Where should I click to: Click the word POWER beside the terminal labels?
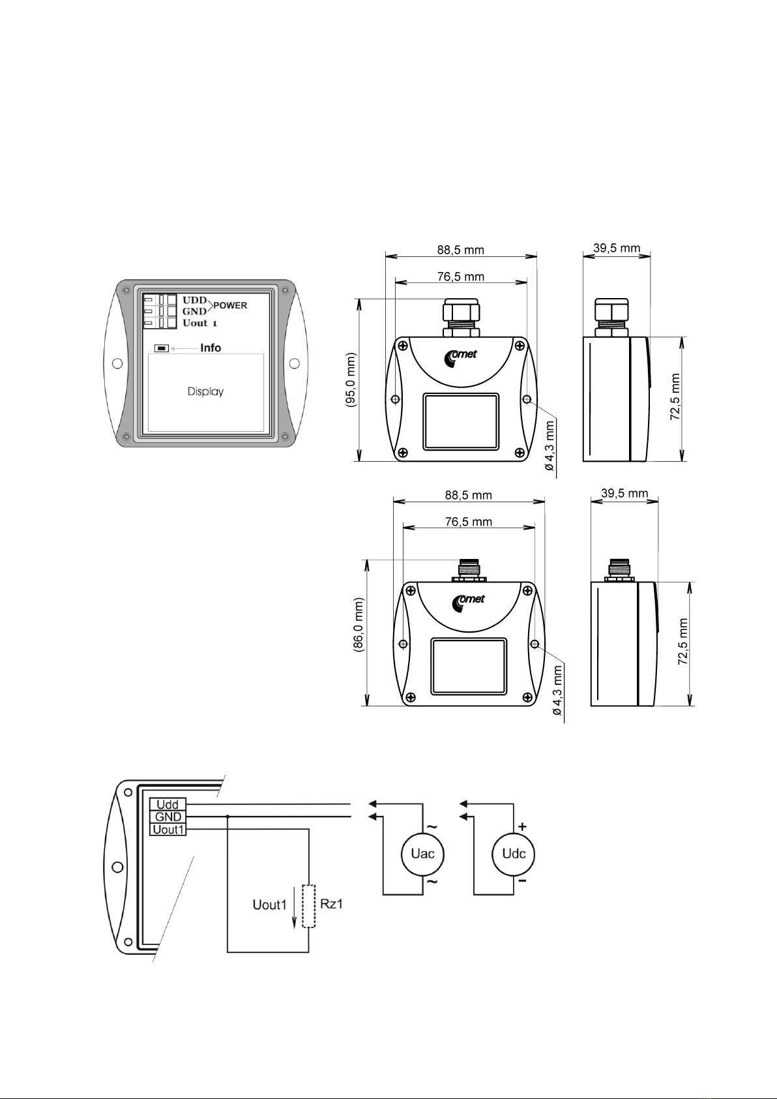click(x=230, y=305)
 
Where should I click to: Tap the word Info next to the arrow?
click(x=211, y=348)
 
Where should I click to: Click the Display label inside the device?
click(x=205, y=391)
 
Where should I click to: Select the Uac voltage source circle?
click(x=422, y=854)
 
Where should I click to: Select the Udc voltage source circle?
click(x=513, y=854)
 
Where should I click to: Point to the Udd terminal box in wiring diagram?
click(x=168, y=804)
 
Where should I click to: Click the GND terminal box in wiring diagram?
click(x=168, y=817)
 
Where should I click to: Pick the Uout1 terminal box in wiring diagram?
click(x=168, y=830)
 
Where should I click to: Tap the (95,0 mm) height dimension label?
click(x=351, y=380)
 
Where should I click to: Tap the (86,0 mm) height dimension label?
click(x=359, y=625)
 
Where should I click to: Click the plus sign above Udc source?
click(x=523, y=827)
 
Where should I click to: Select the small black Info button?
click(x=161, y=348)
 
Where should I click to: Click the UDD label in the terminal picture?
click(x=195, y=300)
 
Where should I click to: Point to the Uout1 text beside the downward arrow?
click(x=270, y=905)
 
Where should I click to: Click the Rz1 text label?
click(x=331, y=904)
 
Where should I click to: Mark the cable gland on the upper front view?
click(x=461, y=318)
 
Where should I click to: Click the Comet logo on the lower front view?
click(x=468, y=603)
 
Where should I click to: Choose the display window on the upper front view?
click(x=461, y=421)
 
